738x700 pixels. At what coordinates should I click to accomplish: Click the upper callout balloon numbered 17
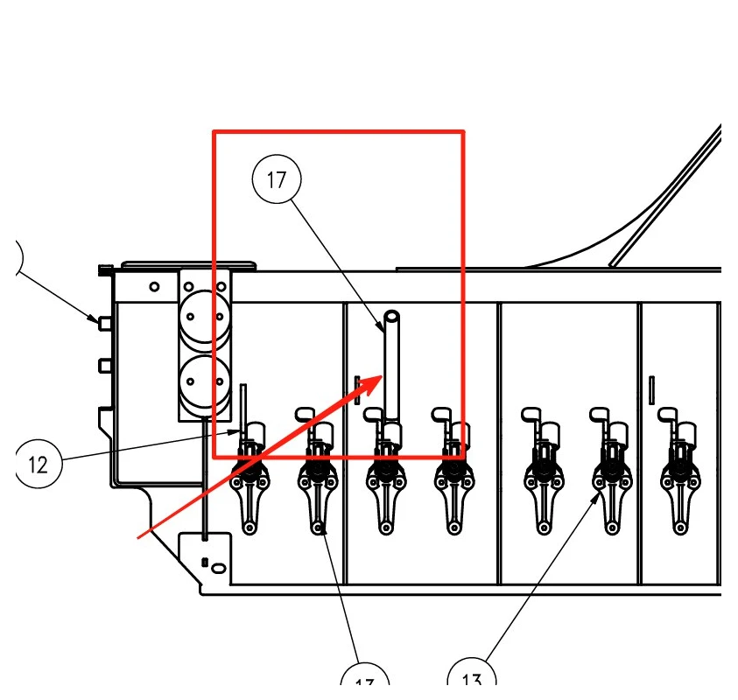(277, 180)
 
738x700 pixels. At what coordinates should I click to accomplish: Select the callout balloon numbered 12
(38, 464)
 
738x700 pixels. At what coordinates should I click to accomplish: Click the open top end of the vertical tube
(391, 317)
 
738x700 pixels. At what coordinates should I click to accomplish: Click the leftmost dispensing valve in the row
(250, 477)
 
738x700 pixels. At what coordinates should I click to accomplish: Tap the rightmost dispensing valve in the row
(678, 477)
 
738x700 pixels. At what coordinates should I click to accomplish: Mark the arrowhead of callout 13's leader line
(601, 494)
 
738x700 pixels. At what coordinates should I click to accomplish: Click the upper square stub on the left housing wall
(104, 323)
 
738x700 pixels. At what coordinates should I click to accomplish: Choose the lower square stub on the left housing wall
(104, 363)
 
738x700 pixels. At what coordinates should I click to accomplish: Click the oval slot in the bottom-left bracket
(217, 569)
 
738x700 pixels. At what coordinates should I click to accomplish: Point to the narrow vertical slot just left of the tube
(357, 389)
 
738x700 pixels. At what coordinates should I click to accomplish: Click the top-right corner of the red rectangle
(463, 132)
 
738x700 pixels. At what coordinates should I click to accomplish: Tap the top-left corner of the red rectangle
(214, 132)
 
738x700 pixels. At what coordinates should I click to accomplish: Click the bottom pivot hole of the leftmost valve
(250, 528)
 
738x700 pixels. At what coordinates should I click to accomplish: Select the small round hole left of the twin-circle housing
(154, 286)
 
